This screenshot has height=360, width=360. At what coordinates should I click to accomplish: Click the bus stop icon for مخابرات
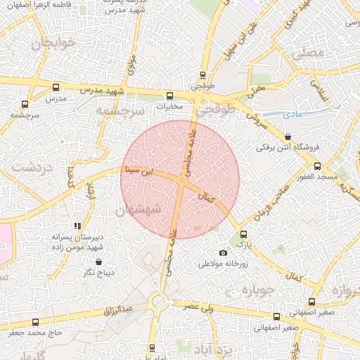169,96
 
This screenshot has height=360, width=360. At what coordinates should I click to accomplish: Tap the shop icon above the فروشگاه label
288,136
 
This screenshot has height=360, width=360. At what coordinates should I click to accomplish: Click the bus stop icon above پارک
244,234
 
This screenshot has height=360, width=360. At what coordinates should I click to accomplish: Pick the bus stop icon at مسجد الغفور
317,167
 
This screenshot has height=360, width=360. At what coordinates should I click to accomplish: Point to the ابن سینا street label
138,169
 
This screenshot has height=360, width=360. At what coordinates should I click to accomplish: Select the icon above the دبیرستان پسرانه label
78,226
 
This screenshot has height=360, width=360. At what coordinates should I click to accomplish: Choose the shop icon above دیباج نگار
98,262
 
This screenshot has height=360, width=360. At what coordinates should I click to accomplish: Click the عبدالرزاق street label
118,309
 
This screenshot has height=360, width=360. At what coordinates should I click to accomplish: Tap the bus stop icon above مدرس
56,88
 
